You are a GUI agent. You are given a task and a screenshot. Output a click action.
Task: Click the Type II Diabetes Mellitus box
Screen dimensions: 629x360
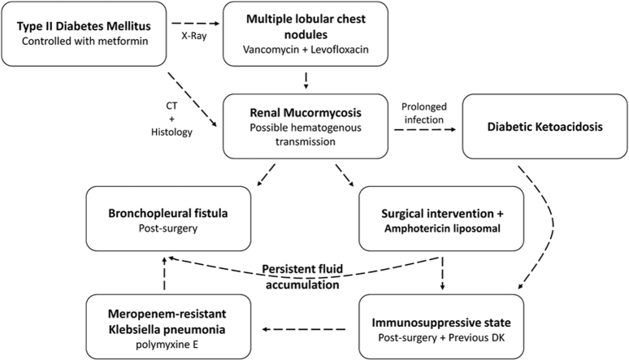[x=84, y=33]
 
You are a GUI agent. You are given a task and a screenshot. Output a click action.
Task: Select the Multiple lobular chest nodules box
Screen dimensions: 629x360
[x=306, y=33]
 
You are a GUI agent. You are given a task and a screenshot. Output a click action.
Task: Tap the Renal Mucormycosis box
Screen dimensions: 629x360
[x=306, y=126]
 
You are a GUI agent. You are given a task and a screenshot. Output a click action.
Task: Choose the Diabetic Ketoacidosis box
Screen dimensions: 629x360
[x=544, y=126]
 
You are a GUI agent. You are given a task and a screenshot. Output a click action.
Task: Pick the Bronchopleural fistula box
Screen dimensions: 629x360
[x=168, y=219]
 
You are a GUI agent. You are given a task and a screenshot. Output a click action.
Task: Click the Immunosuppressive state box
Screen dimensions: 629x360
[x=441, y=327]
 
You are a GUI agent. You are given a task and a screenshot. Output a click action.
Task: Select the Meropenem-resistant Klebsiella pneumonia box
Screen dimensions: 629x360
[x=168, y=327]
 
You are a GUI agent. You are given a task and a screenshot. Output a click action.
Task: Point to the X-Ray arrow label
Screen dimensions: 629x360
[x=194, y=36]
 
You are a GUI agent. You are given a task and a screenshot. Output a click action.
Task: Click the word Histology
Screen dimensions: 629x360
[x=171, y=132]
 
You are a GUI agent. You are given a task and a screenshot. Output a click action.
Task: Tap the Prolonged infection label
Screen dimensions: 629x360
[x=424, y=113]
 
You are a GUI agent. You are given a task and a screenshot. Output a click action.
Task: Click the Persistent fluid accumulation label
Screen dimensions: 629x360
[x=302, y=276]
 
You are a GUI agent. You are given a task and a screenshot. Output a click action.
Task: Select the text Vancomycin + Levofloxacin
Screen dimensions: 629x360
[x=306, y=50]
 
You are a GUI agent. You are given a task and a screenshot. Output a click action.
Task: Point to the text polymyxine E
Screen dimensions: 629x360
[x=167, y=345]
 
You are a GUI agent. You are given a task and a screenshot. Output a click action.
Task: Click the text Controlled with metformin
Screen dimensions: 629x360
[x=85, y=41]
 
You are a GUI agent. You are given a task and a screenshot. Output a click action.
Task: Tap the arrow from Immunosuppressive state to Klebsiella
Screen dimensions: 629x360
[x=304, y=329]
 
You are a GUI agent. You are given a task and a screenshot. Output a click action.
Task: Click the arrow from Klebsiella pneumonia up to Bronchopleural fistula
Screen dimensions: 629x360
[x=164, y=274]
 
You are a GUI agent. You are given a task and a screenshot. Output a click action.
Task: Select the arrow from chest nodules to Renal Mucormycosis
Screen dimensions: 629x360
[x=306, y=80]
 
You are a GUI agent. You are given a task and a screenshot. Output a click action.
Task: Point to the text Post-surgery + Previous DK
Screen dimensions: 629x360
[x=441, y=337]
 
